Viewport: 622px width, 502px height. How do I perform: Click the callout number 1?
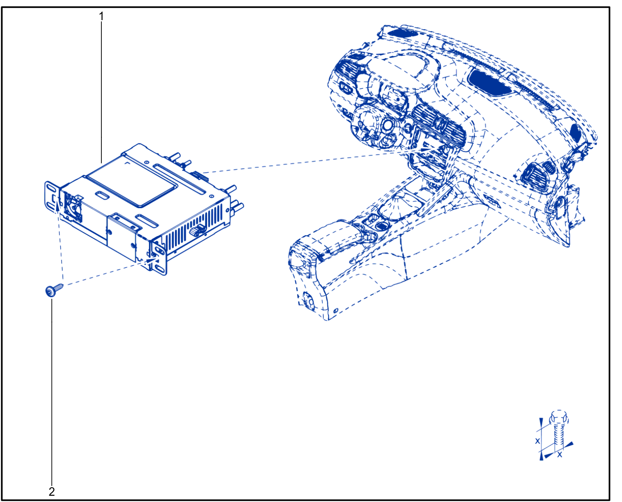[101, 17]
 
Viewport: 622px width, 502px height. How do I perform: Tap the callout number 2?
[52, 491]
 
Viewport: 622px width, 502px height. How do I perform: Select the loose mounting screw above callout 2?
[55, 289]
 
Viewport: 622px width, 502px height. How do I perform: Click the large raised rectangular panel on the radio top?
[132, 181]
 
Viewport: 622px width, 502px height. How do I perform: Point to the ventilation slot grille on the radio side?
[193, 224]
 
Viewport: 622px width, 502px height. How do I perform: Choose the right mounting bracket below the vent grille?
[159, 257]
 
